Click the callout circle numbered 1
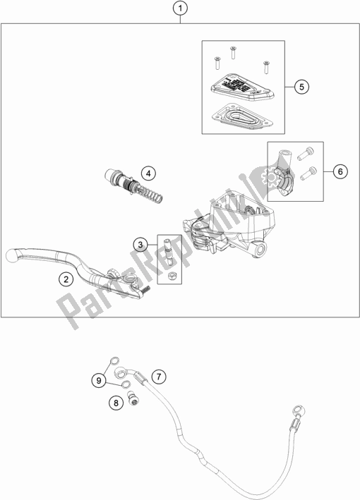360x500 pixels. coord(181,10)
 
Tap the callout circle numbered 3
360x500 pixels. coord(141,244)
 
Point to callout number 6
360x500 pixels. coord(338,171)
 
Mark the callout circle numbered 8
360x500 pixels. coord(115,403)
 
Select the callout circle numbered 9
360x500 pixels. coord(100,381)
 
